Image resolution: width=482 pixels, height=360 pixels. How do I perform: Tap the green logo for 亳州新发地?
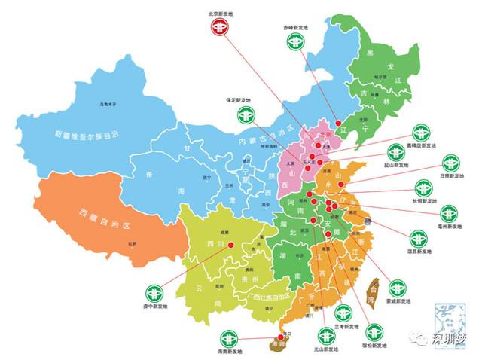click(x=450, y=213)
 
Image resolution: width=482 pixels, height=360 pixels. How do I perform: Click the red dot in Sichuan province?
click(x=232, y=246)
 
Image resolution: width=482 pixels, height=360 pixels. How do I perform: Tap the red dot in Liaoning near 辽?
click(x=338, y=124)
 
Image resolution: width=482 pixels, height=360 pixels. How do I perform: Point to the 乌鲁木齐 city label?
click(x=111, y=104)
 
